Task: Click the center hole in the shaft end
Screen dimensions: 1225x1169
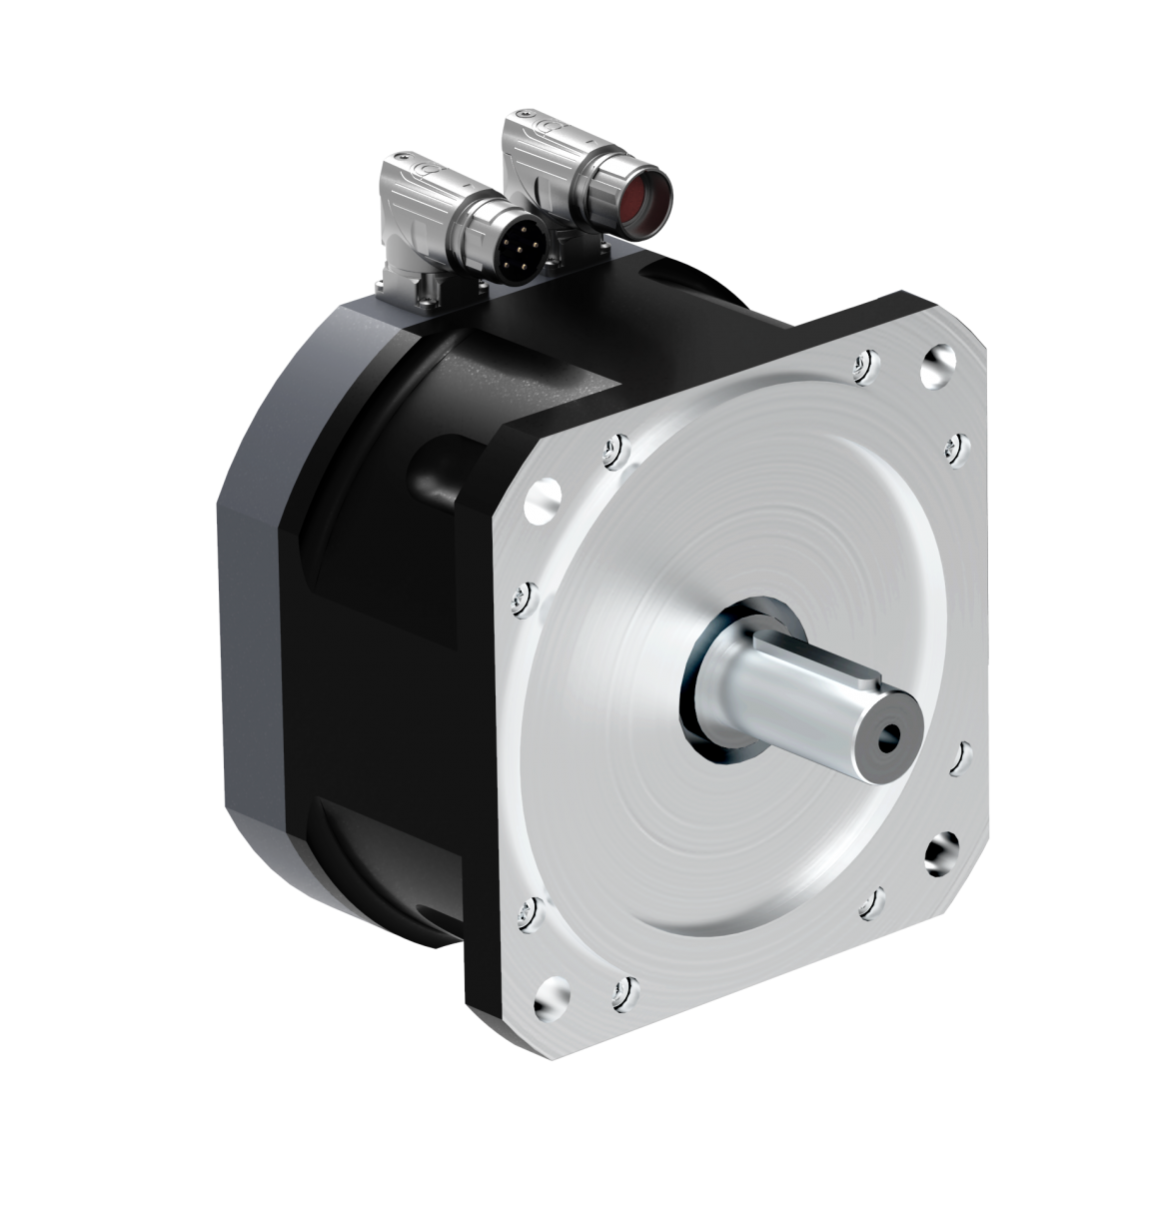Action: [x=885, y=739]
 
